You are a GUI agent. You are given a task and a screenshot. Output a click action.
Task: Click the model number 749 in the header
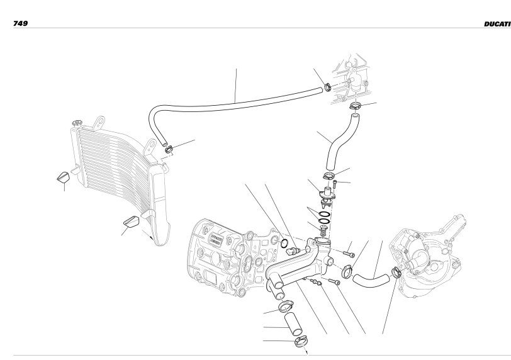pyautogui.click(x=20, y=23)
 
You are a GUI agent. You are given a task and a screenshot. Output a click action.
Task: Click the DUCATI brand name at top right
pyautogui.click(x=497, y=24)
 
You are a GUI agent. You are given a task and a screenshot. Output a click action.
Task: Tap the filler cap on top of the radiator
pyautogui.click(x=77, y=123)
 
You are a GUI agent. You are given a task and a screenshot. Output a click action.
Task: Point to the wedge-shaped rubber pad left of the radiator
pyautogui.click(x=63, y=177)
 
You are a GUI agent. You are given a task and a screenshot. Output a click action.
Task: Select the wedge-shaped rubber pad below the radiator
pyautogui.click(x=131, y=222)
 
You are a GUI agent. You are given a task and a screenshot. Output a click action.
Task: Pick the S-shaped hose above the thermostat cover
pyautogui.click(x=342, y=141)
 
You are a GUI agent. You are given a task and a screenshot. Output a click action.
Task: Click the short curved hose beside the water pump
pyautogui.click(x=371, y=279)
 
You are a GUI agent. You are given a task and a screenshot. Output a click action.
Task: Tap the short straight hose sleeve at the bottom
pyautogui.click(x=294, y=324)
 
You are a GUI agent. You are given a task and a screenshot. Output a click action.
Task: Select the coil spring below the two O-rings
pyautogui.click(x=323, y=232)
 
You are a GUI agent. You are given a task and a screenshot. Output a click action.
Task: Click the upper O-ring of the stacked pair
pyautogui.click(x=325, y=215)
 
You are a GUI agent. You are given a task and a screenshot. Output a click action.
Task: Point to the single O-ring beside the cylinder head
pyautogui.click(x=284, y=244)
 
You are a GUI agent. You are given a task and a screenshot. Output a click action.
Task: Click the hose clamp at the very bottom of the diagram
pyautogui.click(x=301, y=341)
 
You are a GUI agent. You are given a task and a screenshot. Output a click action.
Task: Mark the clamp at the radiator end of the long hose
pyautogui.click(x=169, y=150)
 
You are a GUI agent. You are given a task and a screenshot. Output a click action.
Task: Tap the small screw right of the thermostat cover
pyautogui.click(x=335, y=185)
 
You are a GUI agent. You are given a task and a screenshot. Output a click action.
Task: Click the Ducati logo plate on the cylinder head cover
pyautogui.click(x=216, y=238)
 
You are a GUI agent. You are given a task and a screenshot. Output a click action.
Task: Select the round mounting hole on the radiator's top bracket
pyautogui.click(x=101, y=123)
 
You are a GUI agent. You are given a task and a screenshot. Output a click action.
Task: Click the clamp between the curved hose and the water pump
pyautogui.click(x=396, y=273)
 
